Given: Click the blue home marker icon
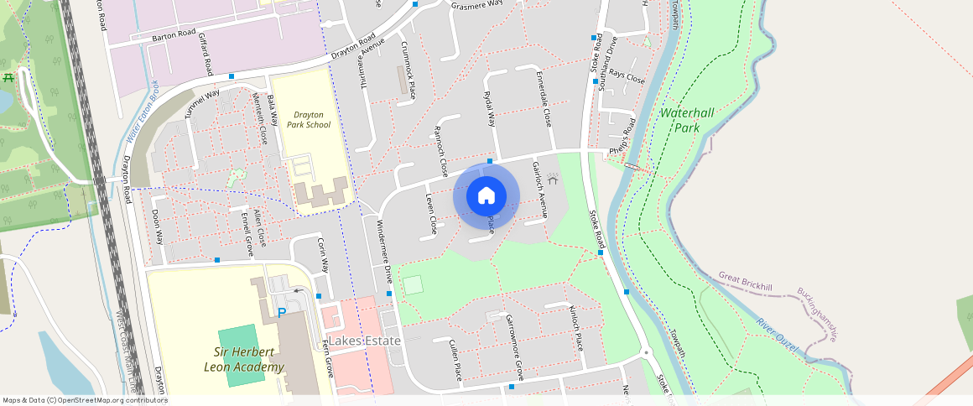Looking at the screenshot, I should pos(486,195).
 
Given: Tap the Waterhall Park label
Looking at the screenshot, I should pos(691,121).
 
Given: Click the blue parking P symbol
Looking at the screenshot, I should pos(282,313).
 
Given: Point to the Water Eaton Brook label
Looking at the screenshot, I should pos(143,110).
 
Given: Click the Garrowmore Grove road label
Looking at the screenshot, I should pos(515,346).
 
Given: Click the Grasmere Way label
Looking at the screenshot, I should pos(476,4).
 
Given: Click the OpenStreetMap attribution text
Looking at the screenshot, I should pos(85,400).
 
